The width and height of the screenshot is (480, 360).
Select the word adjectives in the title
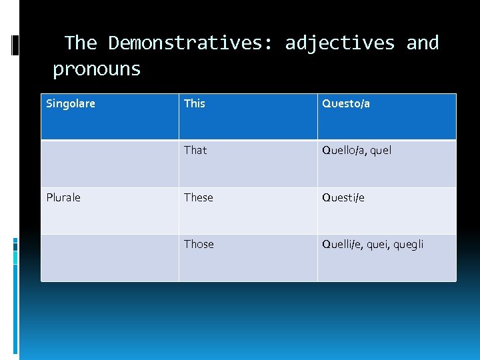pos(340,43)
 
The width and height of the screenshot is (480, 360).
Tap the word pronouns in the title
pos(97,69)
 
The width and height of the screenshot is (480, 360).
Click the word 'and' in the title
pos(423,43)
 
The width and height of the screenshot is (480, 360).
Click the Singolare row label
pos(71,103)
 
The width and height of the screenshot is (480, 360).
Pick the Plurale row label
pos(63,197)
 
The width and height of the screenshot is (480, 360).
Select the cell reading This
pos(195,103)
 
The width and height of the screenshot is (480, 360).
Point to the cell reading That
pos(195,151)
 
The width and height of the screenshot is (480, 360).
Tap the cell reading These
pos(199,197)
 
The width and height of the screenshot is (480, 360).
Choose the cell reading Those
pos(199,244)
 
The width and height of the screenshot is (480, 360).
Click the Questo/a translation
pos(346,103)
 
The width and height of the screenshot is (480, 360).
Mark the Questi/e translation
pos(343,197)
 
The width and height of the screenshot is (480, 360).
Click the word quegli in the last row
pos(408,245)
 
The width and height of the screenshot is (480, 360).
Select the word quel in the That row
pos(380,151)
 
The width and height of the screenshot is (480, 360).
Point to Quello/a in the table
pos(343,151)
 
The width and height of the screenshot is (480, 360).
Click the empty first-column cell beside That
pos(110,163)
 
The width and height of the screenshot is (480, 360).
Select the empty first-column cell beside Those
pos(110,257)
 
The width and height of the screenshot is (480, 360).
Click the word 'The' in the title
pos(81,43)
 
